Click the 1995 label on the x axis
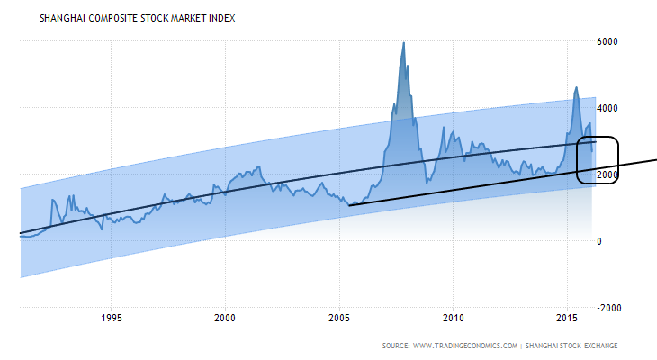coord(112,318)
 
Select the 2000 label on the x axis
coord(226,318)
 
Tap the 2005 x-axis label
coord(339,318)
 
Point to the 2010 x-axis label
coord(454,318)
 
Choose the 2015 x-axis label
coord(567,318)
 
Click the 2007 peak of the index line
coord(403,42)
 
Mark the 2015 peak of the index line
coord(576,87)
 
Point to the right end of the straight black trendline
coord(655,159)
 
